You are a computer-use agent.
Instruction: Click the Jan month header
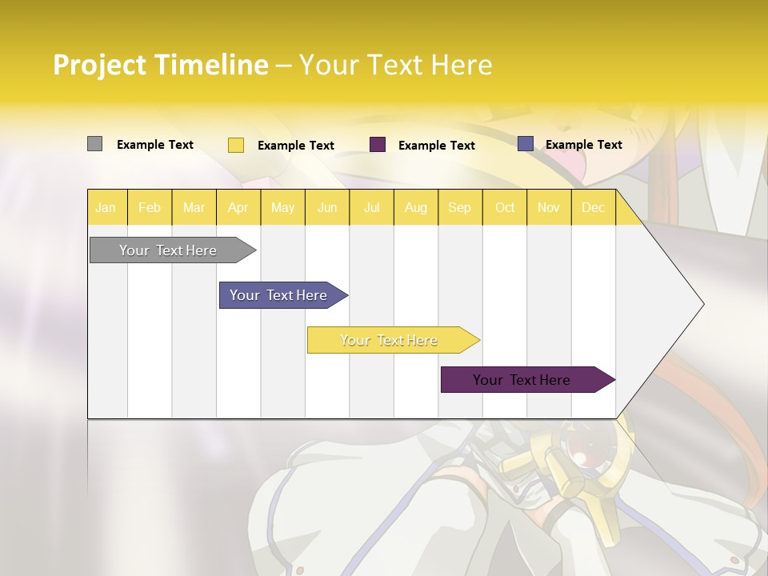coord(106,207)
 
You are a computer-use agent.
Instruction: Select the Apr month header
coord(238,207)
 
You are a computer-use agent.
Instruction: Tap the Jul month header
coord(371,207)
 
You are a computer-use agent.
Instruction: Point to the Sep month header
coord(459,207)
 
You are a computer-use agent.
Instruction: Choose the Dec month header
coord(593,207)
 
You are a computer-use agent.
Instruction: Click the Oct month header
coord(505,207)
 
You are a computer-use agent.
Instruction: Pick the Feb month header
coord(150,207)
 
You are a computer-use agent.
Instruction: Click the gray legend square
coord(94,144)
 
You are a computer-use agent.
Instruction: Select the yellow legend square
coord(236,145)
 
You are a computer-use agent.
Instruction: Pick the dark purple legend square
coord(378,144)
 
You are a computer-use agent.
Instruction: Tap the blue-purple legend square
coord(526,144)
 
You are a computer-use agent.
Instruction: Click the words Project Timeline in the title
coord(160,65)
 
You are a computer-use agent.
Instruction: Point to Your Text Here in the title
coord(395,65)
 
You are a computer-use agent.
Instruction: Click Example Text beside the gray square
coord(155,145)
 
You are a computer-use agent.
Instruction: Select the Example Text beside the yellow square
coord(296,146)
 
